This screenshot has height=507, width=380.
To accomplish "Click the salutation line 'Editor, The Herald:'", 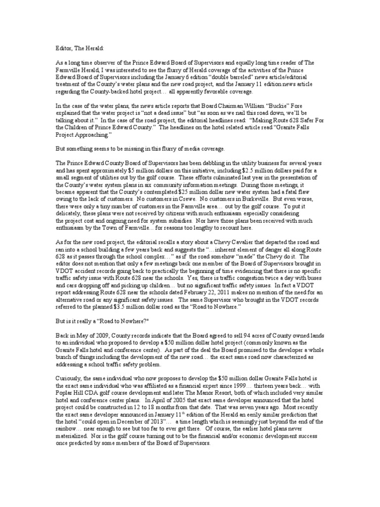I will (x=76, y=49).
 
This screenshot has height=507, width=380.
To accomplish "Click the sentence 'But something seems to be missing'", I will (x=141, y=148).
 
